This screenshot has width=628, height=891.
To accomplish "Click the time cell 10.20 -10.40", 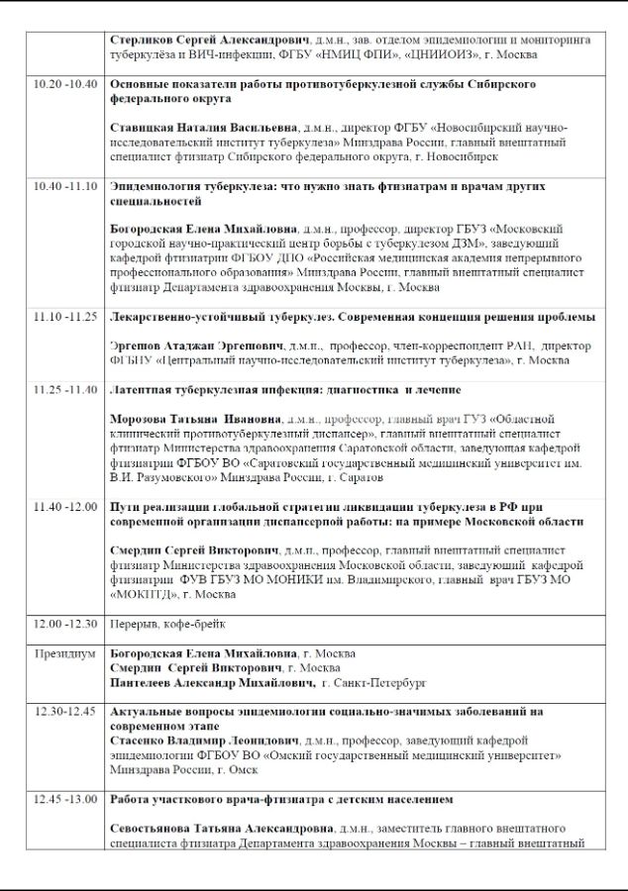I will (x=64, y=84).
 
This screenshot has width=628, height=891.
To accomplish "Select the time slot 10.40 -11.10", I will (x=64, y=186).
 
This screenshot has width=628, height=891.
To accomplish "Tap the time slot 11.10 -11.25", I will (x=64, y=317).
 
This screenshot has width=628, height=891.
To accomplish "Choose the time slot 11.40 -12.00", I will (x=64, y=506).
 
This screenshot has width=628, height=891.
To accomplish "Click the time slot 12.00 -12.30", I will (x=64, y=623).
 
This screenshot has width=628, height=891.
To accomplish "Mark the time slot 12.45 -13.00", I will (x=64, y=798).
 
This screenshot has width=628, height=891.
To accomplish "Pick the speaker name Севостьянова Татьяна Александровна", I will (x=221, y=827).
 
